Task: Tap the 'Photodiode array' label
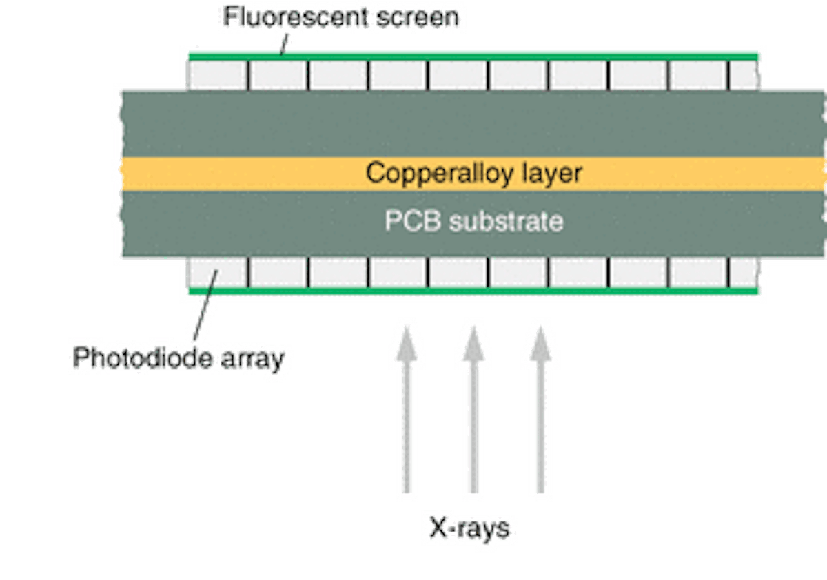tap(178, 358)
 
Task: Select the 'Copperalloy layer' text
tap(473, 173)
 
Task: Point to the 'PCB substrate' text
tap(473, 222)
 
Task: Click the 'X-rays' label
tap(469, 529)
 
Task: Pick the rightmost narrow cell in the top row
tap(743, 75)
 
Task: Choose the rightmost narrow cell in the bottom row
tap(743, 272)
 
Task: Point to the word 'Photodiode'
tap(131, 358)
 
